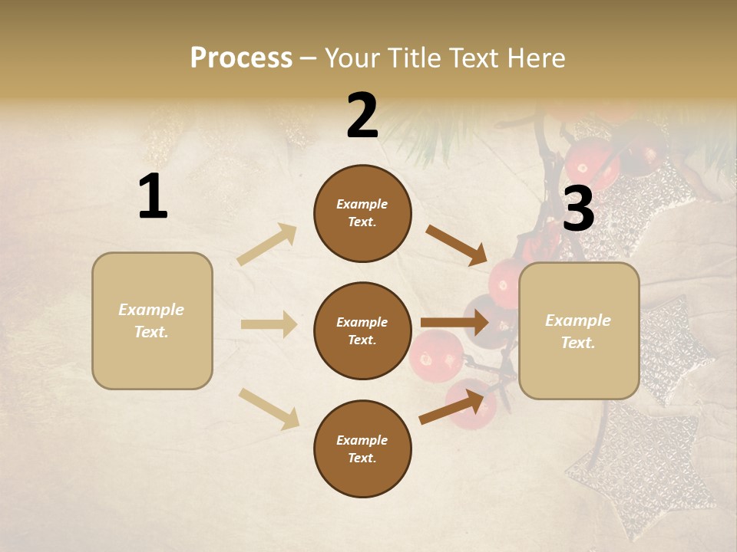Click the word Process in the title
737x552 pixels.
click(241, 58)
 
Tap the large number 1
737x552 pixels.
click(153, 197)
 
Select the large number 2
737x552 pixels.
click(362, 116)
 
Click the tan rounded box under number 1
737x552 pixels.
click(152, 320)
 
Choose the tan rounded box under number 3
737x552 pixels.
click(579, 331)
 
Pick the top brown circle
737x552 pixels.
click(362, 213)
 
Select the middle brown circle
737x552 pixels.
click(362, 331)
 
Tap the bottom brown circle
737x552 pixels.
click(362, 449)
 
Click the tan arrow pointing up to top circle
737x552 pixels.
click(267, 245)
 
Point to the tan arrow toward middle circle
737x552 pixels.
click(269, 324)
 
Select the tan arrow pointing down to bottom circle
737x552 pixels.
click(269, 408)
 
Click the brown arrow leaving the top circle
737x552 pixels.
click(457, 245)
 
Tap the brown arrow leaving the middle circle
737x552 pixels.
click(454, 322)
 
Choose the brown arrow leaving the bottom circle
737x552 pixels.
click(452, 406)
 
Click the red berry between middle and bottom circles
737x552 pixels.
click(436, 354)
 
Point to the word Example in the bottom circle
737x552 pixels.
click(362, 440)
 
